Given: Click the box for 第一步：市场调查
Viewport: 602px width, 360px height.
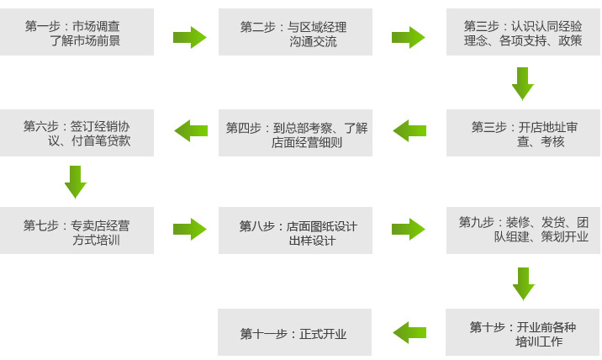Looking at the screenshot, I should click(77, 33).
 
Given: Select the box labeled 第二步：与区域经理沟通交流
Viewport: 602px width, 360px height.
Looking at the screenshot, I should click(295, 33).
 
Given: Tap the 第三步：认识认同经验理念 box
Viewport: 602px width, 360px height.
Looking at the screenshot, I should click(523, 33).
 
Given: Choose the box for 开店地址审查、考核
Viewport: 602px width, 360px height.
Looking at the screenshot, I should click(523, 133).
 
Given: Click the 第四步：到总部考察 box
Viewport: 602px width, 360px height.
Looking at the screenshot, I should click(295, 133).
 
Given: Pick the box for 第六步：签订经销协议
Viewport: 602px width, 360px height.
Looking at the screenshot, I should click(77, 133).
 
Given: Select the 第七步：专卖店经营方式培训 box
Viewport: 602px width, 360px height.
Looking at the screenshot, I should click(77, 230).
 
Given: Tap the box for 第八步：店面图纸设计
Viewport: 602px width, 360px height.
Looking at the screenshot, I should click(295, 230).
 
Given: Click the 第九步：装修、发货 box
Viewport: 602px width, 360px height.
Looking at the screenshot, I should click(523, 230).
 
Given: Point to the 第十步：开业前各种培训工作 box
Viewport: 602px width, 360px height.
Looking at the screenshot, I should click(523, 332).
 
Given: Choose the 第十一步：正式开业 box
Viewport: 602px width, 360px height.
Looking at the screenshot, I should click(294, 332).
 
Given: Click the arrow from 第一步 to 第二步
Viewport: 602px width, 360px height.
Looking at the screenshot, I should click(190, 37).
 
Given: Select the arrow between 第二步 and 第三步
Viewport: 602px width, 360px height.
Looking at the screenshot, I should click(409, 37).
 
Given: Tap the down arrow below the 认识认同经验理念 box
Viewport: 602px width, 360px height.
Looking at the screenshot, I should click(523, 84).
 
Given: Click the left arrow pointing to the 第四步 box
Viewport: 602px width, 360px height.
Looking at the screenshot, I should click(409, 130).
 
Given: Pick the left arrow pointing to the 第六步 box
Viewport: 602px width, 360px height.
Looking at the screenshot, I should click(191, 130).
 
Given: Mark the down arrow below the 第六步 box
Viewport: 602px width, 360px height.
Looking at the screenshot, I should click(76, 182).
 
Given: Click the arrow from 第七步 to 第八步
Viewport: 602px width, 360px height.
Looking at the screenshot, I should click(190, 229).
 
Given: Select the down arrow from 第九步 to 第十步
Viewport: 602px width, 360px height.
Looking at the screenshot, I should click(523, 283).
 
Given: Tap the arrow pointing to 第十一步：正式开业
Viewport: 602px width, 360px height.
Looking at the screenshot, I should click(409, 332).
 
